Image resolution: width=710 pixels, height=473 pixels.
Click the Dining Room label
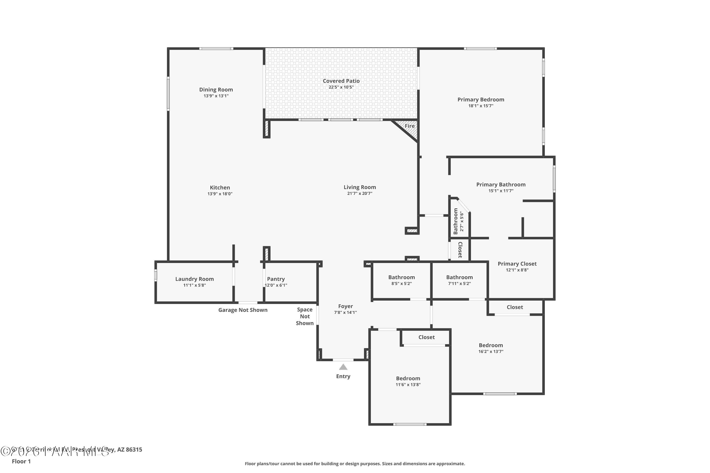(216, 90)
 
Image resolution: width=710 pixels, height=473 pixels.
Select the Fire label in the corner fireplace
(409, 126)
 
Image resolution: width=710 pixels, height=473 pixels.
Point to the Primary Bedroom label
(481, 100)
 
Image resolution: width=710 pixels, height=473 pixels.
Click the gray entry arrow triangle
(343, 367)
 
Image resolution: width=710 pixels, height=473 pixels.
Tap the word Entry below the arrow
(343, 376)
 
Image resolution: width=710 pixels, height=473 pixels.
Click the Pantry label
(276, 279)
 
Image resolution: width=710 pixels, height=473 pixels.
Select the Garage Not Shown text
(243, 310)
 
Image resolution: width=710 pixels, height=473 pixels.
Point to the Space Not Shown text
(305, 316)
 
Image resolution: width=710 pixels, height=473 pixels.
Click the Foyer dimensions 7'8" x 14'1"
(345, 312)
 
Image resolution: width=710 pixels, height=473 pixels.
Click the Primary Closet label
(517, 264)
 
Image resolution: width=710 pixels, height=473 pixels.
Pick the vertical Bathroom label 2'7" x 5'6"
(456, 221)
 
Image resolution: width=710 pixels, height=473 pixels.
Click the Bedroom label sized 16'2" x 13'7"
(491, 345)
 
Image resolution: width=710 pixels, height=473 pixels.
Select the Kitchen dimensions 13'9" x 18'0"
(220, 194)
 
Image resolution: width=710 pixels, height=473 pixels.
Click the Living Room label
(359, 187)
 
